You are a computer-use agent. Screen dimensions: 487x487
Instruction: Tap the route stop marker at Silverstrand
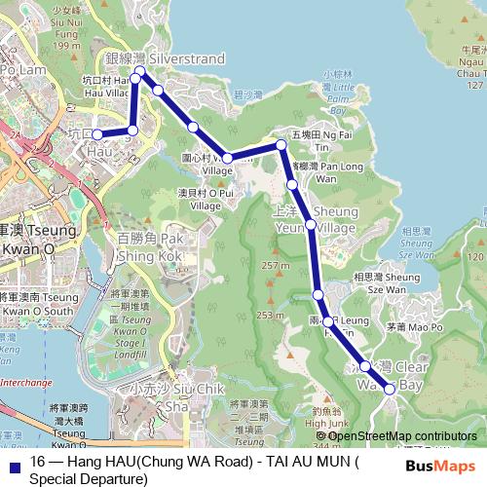(x=140, y=71)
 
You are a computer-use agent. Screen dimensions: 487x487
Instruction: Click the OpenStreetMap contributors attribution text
(x=402, y=435)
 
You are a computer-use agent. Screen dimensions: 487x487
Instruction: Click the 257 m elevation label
(x=276, y=266)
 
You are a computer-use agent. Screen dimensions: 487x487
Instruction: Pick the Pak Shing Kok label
(x=149, y=246)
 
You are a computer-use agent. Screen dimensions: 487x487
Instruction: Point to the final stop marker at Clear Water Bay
(x=390, y=389)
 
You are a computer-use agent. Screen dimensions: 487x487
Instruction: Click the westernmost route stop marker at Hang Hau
(x=96, y=133)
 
